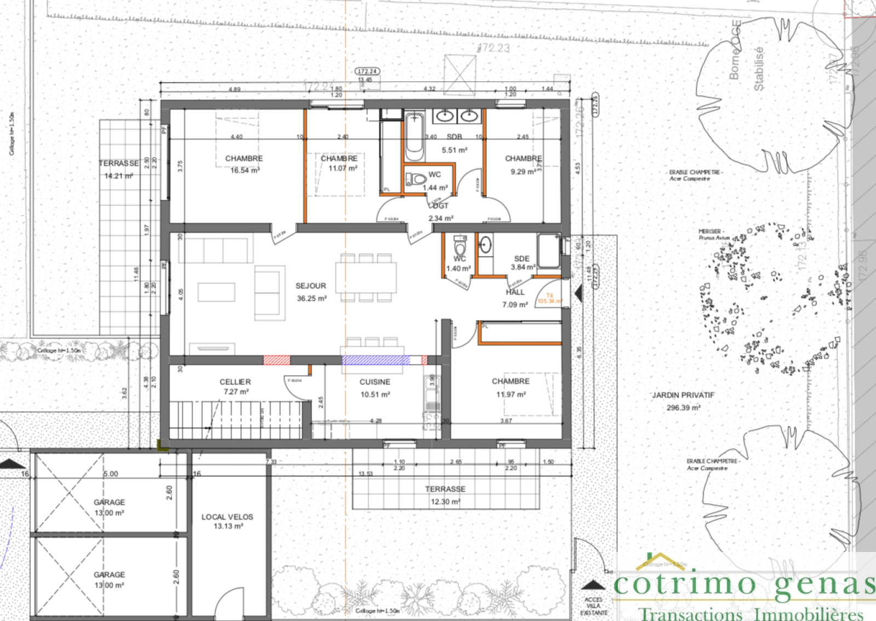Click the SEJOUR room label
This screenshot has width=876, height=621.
pyautogui.click(x=310, y=286)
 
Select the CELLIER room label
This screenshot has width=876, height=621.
pyautogui.click(x=235, y=382)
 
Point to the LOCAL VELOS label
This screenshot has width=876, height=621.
pyautogui.click(x=227, y=517)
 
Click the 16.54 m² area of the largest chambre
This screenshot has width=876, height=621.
pyautogui.click(x=245, y=170)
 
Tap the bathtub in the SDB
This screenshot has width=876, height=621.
pyautogui.click(x=414, y=136)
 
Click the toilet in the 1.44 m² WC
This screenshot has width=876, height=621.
pyautogui.click(x=417, y=179)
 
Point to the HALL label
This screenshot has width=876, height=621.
pyautogui.click(x=515, y=292)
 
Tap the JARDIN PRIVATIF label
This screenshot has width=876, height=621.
pyautogui.click(x=683, y=395)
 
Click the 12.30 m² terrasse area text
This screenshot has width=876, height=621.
pyautogui.click(x=445, y=502)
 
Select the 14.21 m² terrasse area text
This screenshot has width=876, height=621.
pyautogui.click(x=119, y=176)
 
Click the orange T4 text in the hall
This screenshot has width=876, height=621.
pyautogui.click(x=550, y=295)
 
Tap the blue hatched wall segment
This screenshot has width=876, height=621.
pyautogui.click(x=376, y=360)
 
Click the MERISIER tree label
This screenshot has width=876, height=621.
pyautogui.click(x=711, y=232)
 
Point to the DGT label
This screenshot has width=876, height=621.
pyautogui.click(x=441, y=206)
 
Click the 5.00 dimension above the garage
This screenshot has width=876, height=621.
pyautogui.click(x=111, y=474)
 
